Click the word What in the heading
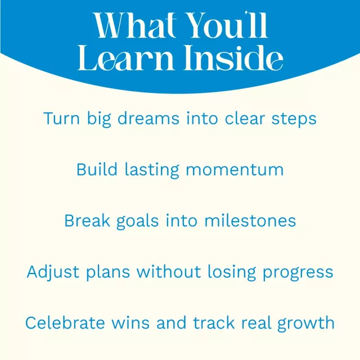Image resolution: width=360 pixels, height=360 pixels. click(x=135, y=25)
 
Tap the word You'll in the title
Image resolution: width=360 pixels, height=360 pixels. click(x=227, y=25)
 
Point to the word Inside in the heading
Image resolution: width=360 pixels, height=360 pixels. click(x=233, y=57)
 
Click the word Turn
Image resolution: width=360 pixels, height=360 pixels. click(x=61, y=119)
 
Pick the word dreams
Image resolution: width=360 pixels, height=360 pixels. click(x=148, y=119)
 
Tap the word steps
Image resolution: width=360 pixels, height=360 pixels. click(x=294, y=120)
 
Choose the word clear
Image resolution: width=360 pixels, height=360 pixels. click(x=245, y=118)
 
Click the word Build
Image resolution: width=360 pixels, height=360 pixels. click(x=97, y=169)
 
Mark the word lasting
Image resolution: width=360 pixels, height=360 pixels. click(x=152, y=170)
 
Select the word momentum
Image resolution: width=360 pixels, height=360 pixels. click(x=235, y=170)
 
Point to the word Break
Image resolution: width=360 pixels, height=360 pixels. click(x=87, y=220)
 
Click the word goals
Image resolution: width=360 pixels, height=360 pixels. click(x=137, y=222)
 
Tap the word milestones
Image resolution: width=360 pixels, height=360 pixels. click(x=250, y=220)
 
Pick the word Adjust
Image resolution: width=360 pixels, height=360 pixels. click(x=53, y=272)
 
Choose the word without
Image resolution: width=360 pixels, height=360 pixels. click(x=169, y=272)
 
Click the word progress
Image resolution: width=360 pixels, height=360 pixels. click(x=298, y=273)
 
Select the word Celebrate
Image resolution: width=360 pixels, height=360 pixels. click(x=65, y=323)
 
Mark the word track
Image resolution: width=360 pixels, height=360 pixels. click(x=214, y=323)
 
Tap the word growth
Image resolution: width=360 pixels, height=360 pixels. click(x=306, y=324)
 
